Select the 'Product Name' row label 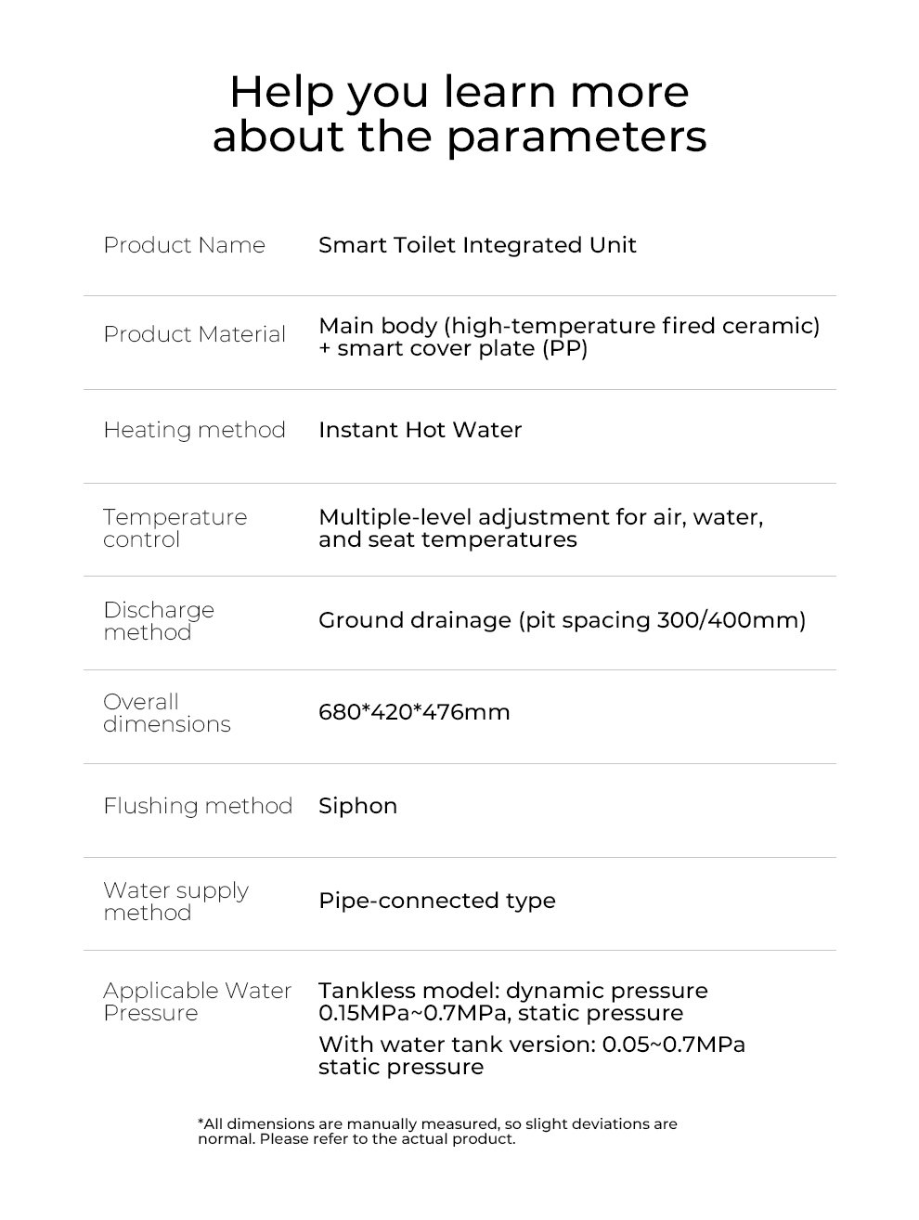point(184,245)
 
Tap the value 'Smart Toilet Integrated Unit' point(477,245)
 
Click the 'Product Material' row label point(194,334)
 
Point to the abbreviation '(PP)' point(564,349)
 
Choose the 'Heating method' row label point(194,430)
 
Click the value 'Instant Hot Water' point(420,430)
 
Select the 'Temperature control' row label point(175,527)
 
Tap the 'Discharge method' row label point(158,620)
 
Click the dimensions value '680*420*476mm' point(414,712)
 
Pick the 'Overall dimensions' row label point(166,712)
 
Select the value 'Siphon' point(357,805)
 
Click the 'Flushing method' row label point(198,805)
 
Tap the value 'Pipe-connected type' point(436,901)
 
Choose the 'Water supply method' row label point(175,901)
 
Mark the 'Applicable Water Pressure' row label point(197,1001)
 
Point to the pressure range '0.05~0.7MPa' point(673,1045)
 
